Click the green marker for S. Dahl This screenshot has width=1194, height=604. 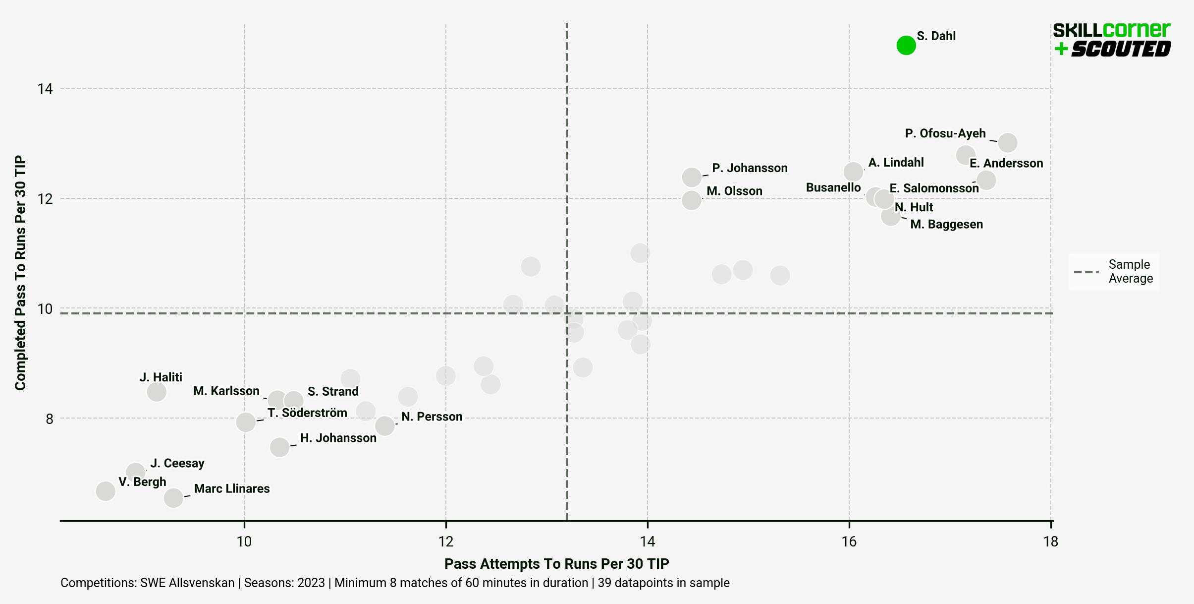click(x=906, y=45)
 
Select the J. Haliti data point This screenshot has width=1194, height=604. click(x=157, y=392)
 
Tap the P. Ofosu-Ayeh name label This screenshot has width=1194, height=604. click(x=945, y=133)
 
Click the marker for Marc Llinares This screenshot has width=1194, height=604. click(x=173, y=497)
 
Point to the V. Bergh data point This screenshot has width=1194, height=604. click(x=106, y=491)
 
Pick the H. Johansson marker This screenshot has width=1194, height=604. click(x=279, y=447)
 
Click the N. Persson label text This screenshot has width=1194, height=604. click(x=432, y=417)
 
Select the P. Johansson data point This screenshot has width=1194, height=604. click(x=692, y=177)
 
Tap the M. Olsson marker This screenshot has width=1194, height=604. click(x=691, y=200)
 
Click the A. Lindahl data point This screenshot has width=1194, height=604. click(x=853, y=172)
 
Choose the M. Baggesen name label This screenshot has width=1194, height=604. click(x=946, y=224)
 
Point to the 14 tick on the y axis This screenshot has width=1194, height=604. click(x=45, y=89)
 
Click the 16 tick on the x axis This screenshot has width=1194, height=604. click(x=849, y=541)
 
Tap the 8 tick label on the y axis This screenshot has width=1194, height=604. click(x=49, y=419)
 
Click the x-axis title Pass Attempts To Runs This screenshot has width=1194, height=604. click(x=556, y=564)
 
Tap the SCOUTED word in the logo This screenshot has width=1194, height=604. click(x=1121, y=49)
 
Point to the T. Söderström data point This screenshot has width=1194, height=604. click(x=246, y=422)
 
